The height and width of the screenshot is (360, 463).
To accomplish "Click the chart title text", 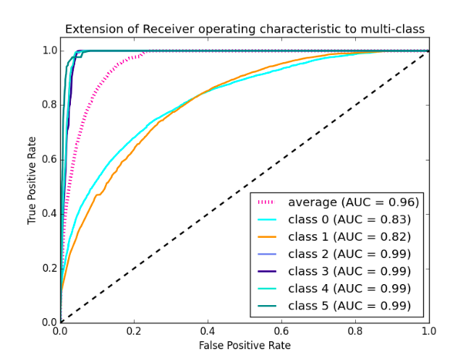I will click(x=245, y=29).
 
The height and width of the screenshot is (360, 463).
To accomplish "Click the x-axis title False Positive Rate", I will click(x=245, y=346).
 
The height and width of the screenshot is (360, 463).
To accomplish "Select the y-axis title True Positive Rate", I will click(x=32, y=186).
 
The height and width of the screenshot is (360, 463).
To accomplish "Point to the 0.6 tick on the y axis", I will click(x=49, y=159).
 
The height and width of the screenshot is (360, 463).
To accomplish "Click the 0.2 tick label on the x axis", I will click(x=134, y=331).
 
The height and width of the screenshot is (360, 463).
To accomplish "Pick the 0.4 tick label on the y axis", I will click(x=49, y=213).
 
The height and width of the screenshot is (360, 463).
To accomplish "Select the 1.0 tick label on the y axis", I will click(x=49, y=51).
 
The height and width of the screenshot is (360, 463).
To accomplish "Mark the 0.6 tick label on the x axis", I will click(x=281, y=331).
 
